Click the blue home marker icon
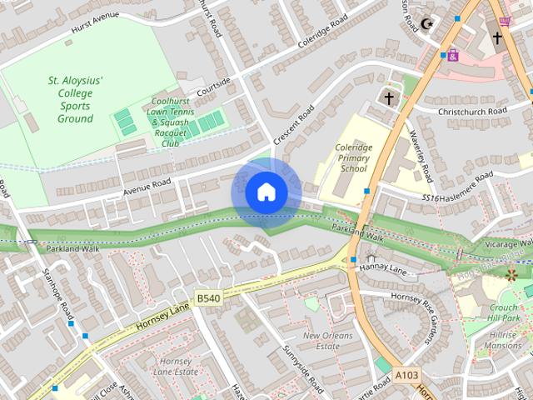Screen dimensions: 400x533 point(266,192)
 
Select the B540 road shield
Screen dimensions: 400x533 point(208,297)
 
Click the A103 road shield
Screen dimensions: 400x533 point(407,376)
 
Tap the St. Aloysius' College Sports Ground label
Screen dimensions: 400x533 point(75,99)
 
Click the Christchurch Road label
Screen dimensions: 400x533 point(471,111)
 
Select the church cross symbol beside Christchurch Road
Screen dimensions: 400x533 point(388,97)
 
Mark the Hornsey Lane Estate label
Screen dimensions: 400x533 point(177,366)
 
